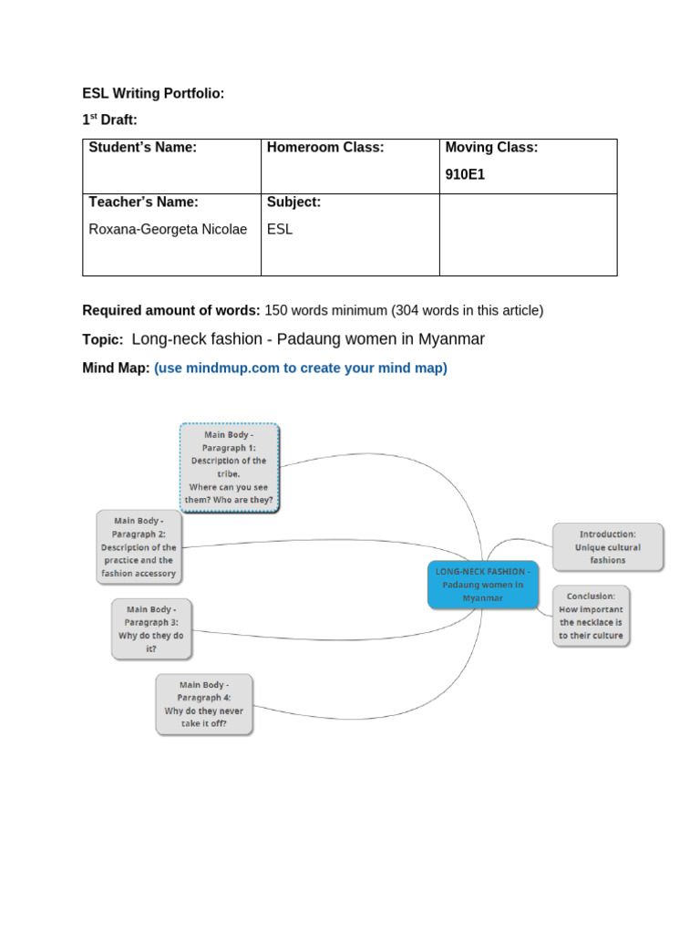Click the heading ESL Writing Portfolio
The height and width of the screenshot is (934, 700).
pyautogui.click(x=153, y=93)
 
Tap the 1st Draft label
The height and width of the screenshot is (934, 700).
pyautogui.click(x=109, y=119)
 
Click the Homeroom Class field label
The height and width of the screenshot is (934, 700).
pyautogui.click(x=325, y=148)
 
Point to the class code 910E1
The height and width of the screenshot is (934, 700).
pyautogui.click(x=465, y=175)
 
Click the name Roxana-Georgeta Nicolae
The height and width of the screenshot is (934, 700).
pyautogui.click(x=168, y=229)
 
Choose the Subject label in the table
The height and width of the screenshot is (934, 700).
pyautogui.click(x=293, y=202)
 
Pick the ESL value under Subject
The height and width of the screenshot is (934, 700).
pyautogui.click(x=280, y=229)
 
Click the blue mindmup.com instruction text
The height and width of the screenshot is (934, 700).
pyautogui.click(x=301, y=368)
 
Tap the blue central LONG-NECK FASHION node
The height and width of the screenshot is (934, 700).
pyautogui.click(x=482, y=585)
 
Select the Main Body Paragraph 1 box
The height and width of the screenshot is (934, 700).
pyautogui.click(x=230, y=467)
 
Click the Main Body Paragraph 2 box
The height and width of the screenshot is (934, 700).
pyautogui.click(x=139, y=547)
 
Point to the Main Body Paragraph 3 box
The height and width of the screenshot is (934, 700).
pyautogui.click(x=151, y=629)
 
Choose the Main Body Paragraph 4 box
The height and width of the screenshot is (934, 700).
pyautogui.click(x=203, y=704)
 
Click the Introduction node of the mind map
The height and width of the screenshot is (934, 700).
pyautogui.click(x=608, y=547)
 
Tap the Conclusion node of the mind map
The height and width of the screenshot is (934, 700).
pyautogui.click(x=591, y=616)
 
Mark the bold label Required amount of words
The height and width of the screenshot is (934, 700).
pyautogui.click(x=171, y=310)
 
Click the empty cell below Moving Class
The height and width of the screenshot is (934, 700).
pyautogui.click(x=528, y=234)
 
